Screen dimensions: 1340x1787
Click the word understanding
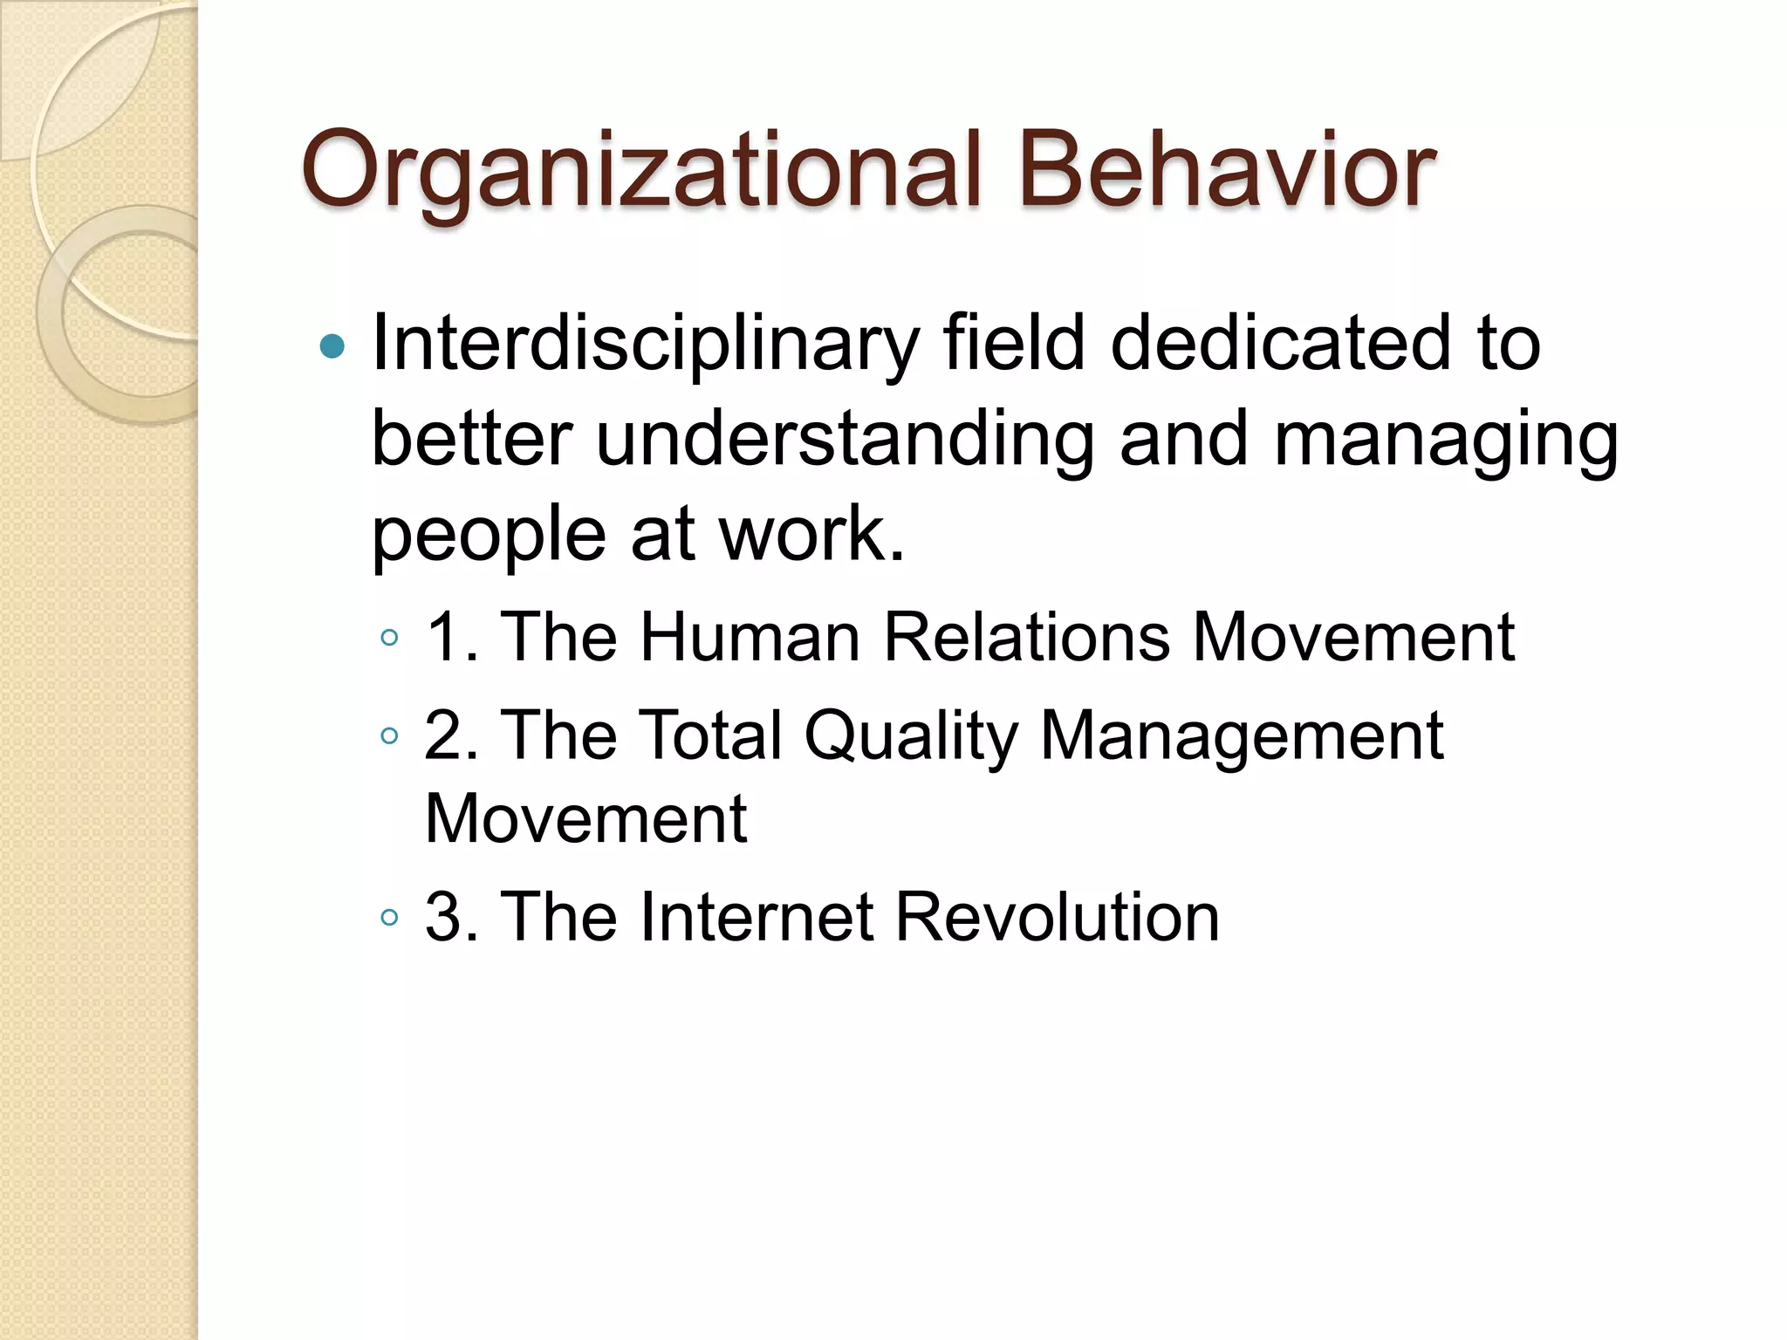click(x=844, y=440)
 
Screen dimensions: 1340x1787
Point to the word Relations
click(x=1026, y=638)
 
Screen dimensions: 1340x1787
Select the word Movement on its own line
click(x=585, y=819)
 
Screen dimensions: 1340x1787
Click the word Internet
click(x=757, y=918)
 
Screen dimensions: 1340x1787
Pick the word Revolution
click(x=1058, y=918)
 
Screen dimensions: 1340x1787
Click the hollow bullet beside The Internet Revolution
click(x=389, y=918)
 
